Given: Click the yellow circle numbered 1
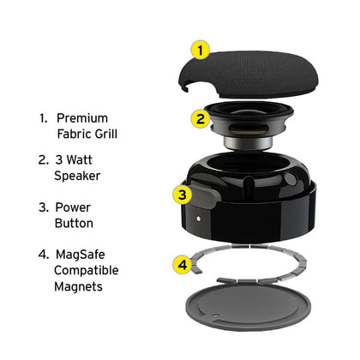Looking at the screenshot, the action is (201, 50).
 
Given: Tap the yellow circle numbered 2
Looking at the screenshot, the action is (201, 118).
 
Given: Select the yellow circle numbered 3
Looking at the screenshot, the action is (182, 195).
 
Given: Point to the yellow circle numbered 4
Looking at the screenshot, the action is (182, 265).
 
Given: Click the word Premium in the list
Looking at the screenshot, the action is (82, 118).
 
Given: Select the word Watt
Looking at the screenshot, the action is (79, 159).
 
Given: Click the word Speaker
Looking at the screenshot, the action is (77, 176).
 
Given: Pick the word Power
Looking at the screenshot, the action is (73, 207).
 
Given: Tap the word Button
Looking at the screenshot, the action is (74, 223).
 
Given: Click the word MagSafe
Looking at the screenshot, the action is (81, 255).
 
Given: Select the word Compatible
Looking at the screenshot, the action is (87, 270).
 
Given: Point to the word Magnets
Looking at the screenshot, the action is (78, 286).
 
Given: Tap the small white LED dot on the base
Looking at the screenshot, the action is (199, 219).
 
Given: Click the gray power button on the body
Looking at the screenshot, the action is (205, 195).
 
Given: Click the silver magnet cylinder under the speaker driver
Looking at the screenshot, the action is (248, 142).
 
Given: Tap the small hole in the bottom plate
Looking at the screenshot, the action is (216, 315).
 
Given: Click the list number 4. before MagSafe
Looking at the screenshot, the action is (44, 255).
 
